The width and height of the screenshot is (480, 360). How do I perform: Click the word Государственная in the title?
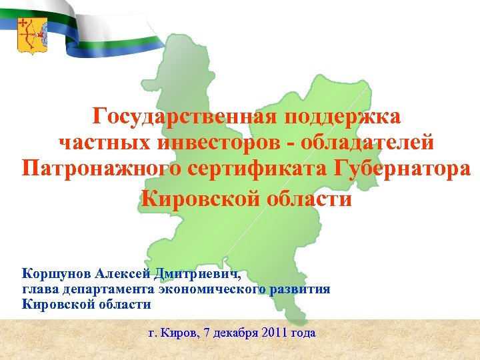181,117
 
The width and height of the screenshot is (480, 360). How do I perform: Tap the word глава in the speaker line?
41,289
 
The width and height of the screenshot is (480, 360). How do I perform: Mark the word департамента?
110,289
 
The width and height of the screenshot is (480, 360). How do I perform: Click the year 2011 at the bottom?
275,332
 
